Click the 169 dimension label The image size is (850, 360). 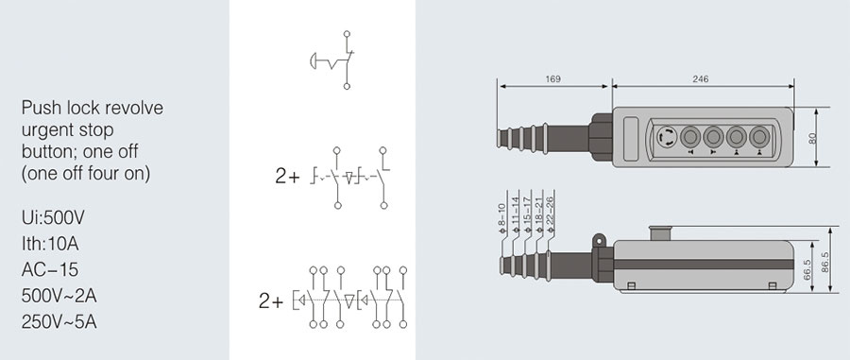552,79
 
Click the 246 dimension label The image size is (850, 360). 701,79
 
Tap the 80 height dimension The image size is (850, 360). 812,138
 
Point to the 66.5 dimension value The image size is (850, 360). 807,269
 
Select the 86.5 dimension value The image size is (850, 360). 825,263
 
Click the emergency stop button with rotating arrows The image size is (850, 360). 667,137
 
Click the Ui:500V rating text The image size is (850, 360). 53,218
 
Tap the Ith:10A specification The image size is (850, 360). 50,244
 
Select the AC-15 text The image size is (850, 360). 50,270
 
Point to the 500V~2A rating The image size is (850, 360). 59,296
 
